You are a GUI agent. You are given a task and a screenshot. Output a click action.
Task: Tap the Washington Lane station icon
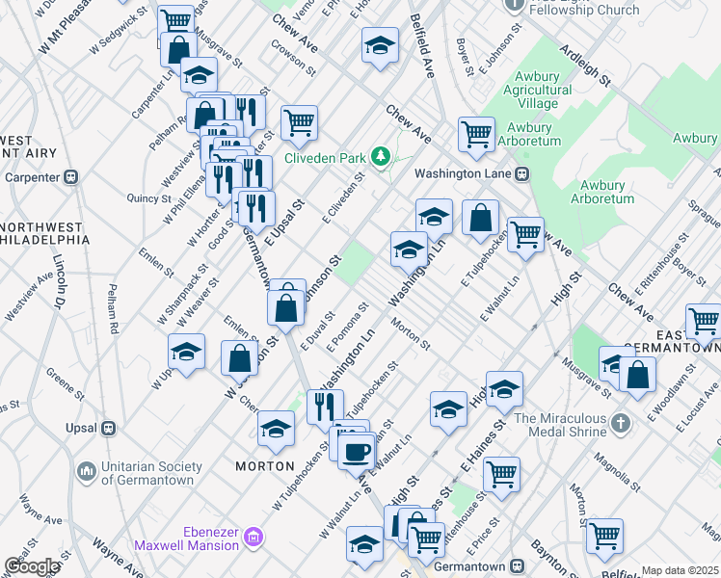(521, 174)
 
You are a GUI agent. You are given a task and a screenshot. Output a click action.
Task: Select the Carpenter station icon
(70, 177)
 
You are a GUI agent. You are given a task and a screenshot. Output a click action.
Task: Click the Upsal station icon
(109, 428)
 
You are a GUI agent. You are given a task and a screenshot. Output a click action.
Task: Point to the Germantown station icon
(518, 565)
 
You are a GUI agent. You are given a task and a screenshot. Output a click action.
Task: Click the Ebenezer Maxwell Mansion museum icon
(254, 536)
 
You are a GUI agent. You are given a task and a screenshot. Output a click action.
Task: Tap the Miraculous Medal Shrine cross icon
(622, 422)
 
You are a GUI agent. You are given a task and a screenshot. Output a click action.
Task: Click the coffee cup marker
(357, 450)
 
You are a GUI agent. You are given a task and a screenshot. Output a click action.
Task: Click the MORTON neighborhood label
(265, 466)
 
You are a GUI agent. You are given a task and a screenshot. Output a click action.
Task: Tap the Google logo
(33, 566)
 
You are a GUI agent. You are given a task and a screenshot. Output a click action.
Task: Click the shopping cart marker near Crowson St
(300, 122)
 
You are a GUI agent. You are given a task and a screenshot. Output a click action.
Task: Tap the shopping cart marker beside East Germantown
(704, 321)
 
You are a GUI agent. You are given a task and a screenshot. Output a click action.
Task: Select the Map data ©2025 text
(680, 570)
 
